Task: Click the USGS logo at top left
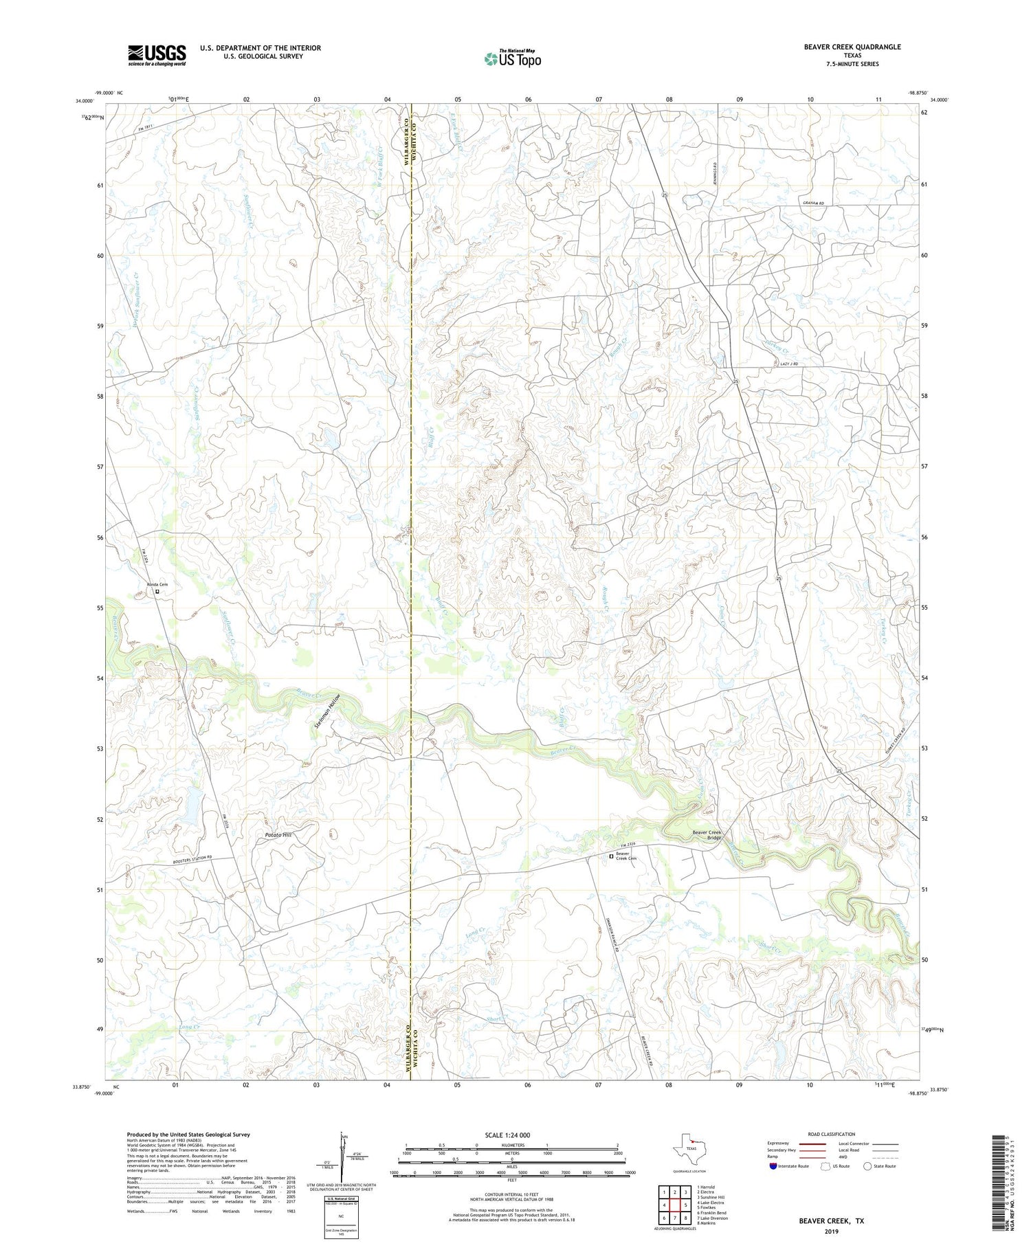(157, 54)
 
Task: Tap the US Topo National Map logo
(512, 58)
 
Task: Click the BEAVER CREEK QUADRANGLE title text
(852, 47)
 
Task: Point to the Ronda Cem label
(157, 584)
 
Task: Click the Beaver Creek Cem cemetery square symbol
(611, 856)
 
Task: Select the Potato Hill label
(278, 835)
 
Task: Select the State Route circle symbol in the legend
(867, 1166)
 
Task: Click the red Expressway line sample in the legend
(816, 1144)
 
